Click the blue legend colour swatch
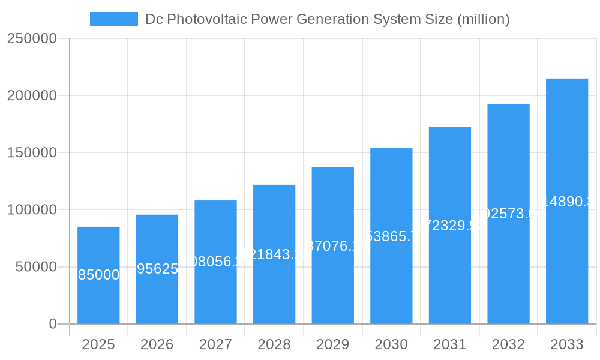[x=114, y=19]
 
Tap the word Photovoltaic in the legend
[x=206, y=19]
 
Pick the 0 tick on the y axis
[x=53, y=324]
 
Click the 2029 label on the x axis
[x=333, y=344]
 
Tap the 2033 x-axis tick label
[x=567, y=344]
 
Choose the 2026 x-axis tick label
[x=157, y=344]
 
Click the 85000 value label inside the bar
[x=98, y=275]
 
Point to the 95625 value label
[x=157, y=269]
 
